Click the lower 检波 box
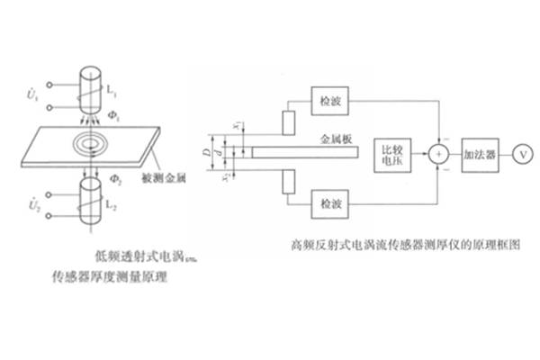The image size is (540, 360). (x=325, y=205)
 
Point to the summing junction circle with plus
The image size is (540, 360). (x=438, y=154)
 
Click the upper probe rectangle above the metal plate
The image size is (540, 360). (x=288, y=121)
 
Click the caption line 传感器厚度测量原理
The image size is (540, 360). (x=111, y=279)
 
